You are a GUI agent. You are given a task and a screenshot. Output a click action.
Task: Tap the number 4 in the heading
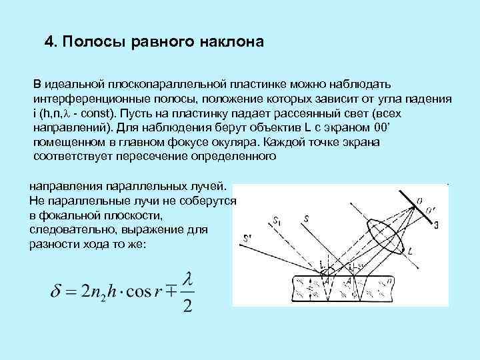coord(49,42)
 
